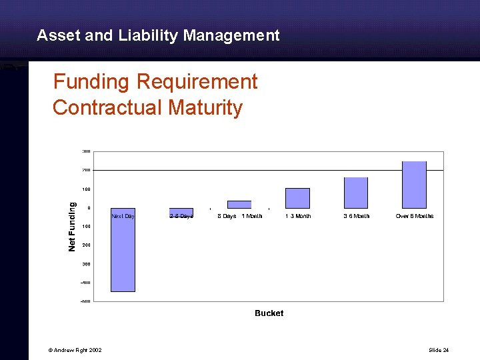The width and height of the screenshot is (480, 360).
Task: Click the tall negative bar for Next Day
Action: pyautogui.click(x=123, y=250)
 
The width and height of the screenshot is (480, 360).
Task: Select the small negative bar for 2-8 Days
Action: pyautogui.click(x=181, y=212)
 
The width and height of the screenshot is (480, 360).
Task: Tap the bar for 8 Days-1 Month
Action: pyautogui.click(x=239, y=205)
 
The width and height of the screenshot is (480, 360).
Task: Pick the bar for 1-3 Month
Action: pyautogui.click(x=297, y=198)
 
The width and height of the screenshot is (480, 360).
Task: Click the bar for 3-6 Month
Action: pyautogui.click(x=355, y=193)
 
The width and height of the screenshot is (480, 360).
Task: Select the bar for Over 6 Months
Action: pyautogui.click(x=414, y=185)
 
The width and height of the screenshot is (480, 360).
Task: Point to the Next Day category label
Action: pyautogui.click(x=123, y=216)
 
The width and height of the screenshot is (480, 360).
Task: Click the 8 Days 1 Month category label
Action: pyautogui.click(x=239, y=216)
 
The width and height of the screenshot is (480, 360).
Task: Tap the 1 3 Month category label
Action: pyautogui.click(x=298, y=216)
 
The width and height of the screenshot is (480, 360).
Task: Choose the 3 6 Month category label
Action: pyautogui.click(x=356, y=216)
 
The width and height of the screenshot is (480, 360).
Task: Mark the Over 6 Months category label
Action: pyautogui.click(x=414, y=216)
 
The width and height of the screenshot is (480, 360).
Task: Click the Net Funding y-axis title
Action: pyautogui.click(x=73, y=227)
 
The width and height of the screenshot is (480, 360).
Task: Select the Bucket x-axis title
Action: pyautogui.click(x=269, y=313)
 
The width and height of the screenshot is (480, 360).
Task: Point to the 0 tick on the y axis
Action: pyautogui.click(x=89, y=208)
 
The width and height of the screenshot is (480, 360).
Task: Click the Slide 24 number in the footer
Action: pyautogui.click(x=439, y=350)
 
